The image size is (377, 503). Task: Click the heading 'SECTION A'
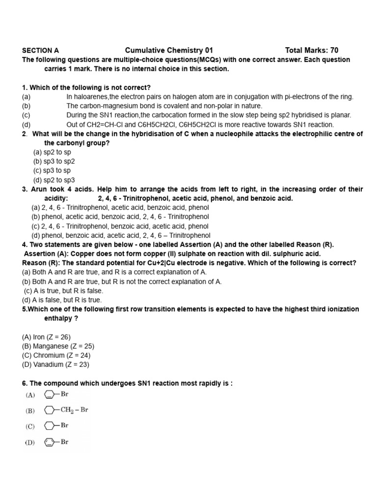[40, 50]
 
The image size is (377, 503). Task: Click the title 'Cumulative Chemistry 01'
[169, 50]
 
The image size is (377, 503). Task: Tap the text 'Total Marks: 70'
[312, 50]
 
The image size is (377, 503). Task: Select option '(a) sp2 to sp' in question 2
[52, 152]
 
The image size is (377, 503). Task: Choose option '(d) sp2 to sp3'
[54, 180]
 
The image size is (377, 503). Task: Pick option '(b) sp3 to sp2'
[54, 162]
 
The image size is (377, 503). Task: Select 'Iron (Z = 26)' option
[46, 337]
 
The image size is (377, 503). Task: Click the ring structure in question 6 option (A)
[49, 394]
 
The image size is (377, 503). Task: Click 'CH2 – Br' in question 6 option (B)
[74, 410]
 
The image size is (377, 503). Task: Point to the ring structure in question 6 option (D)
[49, 442]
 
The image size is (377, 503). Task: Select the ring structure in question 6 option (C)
[49, 426]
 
